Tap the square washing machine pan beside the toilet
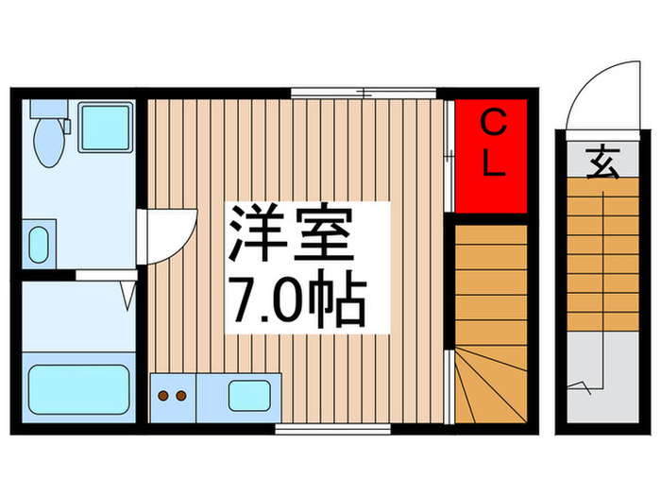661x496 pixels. [x=104, y=130]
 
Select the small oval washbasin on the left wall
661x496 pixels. [x=38, y=245]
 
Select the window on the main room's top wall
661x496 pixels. [x=363, y=93]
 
